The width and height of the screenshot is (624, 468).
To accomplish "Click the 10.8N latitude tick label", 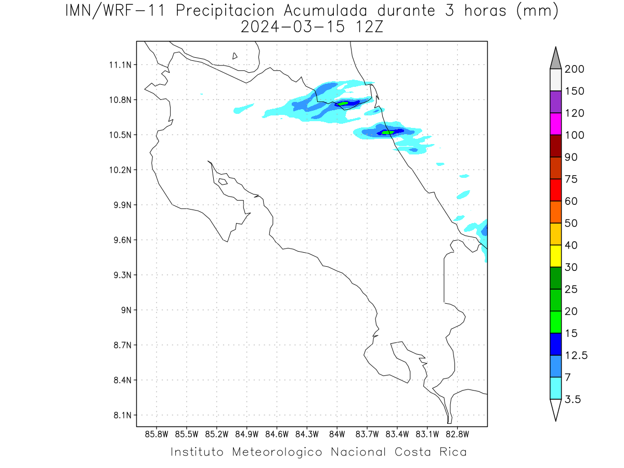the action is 120,100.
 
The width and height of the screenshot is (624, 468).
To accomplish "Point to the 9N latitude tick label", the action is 126,310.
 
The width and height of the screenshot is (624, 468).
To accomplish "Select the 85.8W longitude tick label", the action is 157,435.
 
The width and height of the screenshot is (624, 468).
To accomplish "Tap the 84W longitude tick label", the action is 337,435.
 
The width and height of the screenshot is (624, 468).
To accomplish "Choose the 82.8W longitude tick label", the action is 457,435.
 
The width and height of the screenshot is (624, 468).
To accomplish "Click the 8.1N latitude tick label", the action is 123,415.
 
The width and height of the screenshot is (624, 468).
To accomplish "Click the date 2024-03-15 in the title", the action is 293,28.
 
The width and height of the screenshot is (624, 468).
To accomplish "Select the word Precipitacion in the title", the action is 225,11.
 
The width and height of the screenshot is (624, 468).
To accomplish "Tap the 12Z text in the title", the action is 369,28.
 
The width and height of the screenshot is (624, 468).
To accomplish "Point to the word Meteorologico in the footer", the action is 277,452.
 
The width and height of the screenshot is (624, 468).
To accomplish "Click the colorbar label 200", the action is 574,69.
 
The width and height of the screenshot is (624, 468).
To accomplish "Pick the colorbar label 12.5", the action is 576,356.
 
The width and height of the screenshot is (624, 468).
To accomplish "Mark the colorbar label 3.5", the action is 573,399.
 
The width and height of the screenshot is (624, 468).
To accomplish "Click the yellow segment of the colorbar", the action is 555,256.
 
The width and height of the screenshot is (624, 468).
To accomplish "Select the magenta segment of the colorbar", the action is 555,124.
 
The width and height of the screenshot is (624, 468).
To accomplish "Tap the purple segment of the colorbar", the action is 555,102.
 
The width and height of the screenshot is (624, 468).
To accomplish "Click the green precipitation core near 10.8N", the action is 343,103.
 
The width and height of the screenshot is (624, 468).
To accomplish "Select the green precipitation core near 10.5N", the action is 387,133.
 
